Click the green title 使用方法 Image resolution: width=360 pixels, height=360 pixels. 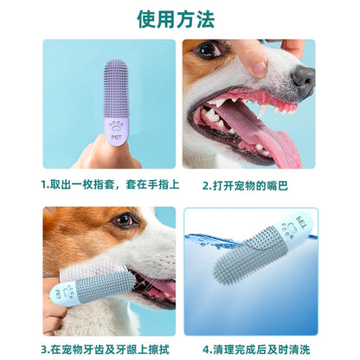[180, 18]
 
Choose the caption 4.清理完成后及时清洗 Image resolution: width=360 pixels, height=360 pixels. [257, 349]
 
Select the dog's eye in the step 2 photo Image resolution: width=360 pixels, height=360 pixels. [208, 50]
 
